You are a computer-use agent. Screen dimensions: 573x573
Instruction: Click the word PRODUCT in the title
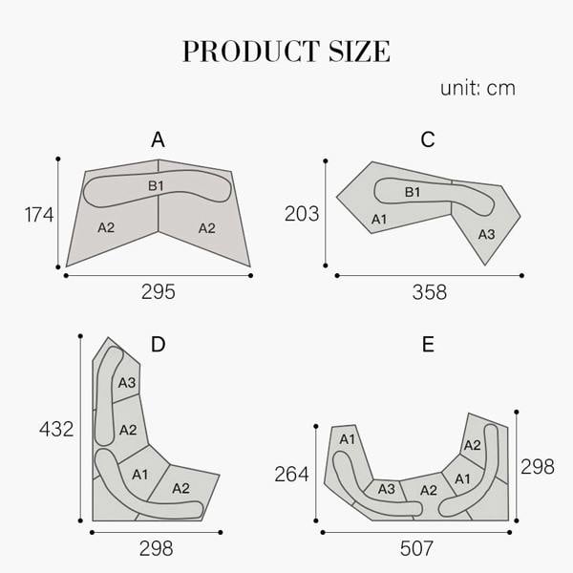251,52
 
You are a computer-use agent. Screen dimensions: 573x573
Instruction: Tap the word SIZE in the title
360,52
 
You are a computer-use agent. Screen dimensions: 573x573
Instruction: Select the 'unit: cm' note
477,89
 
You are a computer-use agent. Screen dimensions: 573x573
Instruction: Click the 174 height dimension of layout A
39,215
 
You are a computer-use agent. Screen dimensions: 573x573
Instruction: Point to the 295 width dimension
159,292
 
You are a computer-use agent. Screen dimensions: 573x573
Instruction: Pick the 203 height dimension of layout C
302,214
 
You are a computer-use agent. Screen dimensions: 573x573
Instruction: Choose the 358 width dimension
430,292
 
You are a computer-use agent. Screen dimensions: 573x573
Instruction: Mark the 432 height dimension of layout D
56,429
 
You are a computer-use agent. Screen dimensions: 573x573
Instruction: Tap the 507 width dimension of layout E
416,548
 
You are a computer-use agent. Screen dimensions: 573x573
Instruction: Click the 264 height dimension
291,475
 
